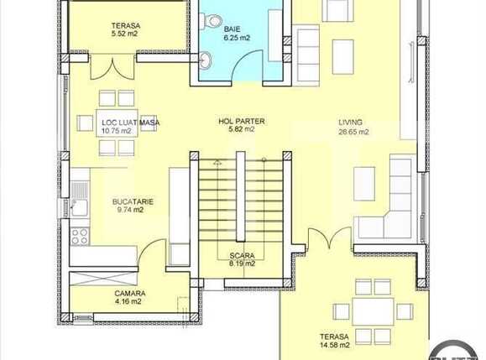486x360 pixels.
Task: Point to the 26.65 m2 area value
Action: (354, 132)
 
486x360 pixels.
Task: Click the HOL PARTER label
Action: (241, 122)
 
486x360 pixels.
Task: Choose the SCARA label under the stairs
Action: (241, 255)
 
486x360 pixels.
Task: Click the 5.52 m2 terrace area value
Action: (125, 35)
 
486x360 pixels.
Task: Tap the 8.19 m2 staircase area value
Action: (241, 263)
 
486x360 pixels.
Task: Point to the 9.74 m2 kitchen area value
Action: (130, 211)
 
